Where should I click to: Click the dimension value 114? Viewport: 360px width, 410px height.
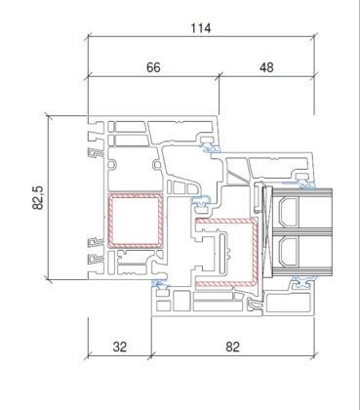coord(201,28)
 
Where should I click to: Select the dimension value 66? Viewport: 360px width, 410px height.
coord(153,67)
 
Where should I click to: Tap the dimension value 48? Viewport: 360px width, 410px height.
coord(266,67)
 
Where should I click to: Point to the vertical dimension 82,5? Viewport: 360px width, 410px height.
coord(38,197)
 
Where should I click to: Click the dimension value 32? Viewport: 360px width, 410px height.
coord(119,347)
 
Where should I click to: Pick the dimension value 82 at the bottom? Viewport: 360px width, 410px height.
coord(232,347)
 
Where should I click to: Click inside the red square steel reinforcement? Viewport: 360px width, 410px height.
coord(136,221)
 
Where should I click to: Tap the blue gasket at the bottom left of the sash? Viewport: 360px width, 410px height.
coord(160,283)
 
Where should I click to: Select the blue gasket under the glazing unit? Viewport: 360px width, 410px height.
coord(304,280)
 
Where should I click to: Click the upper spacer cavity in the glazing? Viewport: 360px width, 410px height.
coord(288,212)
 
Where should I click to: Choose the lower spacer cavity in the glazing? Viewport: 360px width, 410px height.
coord(288,251)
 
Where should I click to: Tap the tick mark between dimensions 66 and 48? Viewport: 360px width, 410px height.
coord(219,77)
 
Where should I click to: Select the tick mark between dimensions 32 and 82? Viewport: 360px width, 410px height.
coord(151,355)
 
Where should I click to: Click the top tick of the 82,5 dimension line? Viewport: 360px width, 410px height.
coord(49,116)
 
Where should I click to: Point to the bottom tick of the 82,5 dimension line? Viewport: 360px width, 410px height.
coord(49,279)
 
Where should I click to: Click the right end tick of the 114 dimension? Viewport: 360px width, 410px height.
coord(314,37)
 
